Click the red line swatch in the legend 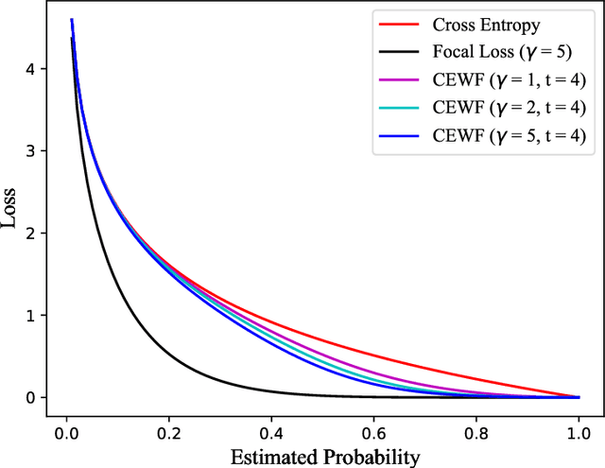(400, 26)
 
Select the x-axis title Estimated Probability (321, 457)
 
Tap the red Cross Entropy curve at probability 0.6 (372, 355)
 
